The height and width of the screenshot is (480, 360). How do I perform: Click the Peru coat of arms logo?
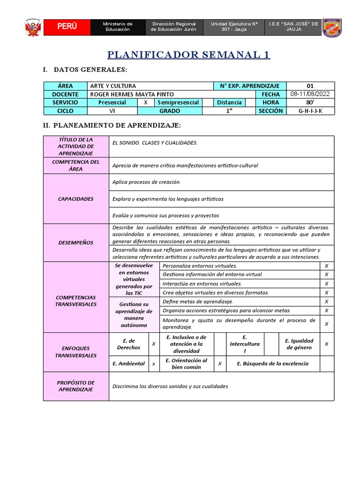33,27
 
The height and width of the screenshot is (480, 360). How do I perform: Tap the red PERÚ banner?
67,27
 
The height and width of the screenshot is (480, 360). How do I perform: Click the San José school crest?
332,27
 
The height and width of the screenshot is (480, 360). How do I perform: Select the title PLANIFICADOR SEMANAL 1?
189,55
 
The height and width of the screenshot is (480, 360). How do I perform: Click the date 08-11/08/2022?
310,94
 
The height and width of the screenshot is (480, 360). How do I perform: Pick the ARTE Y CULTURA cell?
113,86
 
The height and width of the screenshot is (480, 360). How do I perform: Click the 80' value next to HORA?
310,102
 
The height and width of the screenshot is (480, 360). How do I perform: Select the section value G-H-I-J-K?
310,111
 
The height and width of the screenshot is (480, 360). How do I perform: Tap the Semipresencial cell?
178,102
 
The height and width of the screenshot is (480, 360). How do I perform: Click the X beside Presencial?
146,102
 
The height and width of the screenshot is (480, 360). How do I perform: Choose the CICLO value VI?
112,111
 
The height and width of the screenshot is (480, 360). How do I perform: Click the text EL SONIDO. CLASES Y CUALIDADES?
155,142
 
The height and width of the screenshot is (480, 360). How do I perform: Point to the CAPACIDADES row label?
75,199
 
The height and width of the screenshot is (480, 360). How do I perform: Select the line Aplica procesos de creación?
146,182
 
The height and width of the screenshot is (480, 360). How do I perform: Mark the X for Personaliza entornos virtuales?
326,266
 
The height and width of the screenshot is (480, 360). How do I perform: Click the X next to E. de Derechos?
154,344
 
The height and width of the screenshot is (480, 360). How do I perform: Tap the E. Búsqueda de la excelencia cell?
272,364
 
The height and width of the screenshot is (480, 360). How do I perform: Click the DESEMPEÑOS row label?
75,243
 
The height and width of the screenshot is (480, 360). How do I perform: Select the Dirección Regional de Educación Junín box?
173,27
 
